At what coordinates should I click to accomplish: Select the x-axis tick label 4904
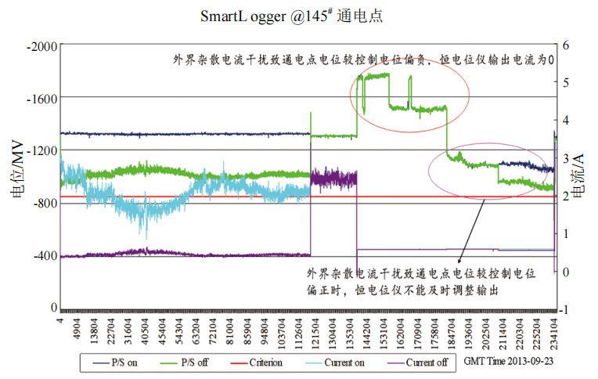click(76, 328)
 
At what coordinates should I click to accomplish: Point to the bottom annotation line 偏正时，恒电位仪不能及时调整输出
click(402, 289)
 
